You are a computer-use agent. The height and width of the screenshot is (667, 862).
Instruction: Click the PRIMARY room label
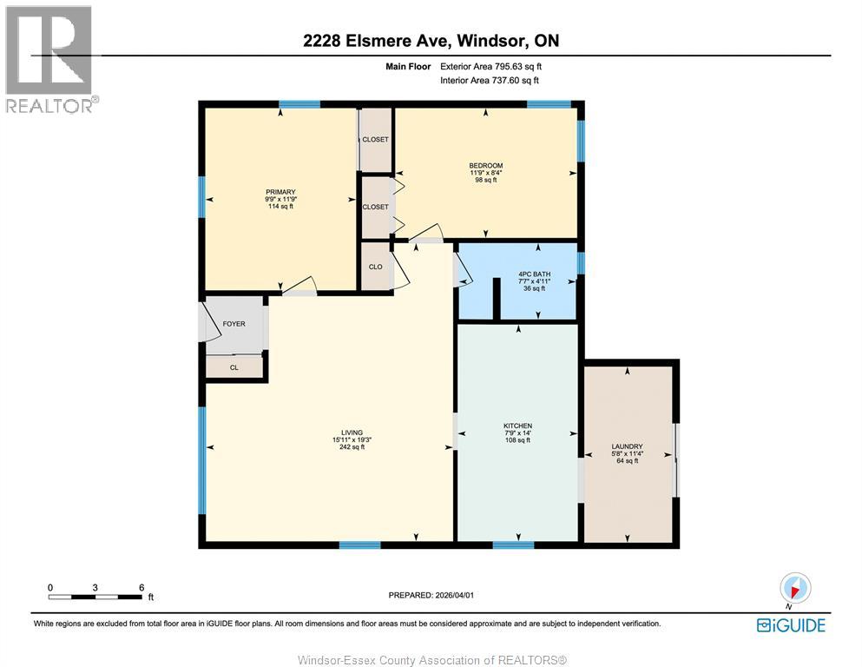280,192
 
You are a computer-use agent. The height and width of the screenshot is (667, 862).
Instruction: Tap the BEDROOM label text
485,165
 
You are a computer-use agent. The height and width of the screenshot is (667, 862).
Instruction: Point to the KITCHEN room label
517,426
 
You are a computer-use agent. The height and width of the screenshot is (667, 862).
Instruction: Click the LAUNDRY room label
625,446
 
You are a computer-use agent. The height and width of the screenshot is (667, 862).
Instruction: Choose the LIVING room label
352,433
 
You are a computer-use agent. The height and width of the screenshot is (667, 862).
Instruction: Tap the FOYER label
234,324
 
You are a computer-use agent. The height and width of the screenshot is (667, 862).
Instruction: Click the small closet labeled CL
234,367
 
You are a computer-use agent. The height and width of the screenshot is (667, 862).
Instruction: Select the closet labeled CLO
376,267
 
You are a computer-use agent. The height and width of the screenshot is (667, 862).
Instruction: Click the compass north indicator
795,588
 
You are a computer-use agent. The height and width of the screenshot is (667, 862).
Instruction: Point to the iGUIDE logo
791,624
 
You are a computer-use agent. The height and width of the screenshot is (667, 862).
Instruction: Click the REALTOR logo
49,59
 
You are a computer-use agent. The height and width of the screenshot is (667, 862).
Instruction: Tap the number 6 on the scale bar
141,587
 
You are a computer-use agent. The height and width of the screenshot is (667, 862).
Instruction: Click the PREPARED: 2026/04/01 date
431,595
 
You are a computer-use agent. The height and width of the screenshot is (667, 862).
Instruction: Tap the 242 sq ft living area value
352,447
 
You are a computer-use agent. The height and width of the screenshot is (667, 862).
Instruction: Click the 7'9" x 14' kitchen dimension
517,433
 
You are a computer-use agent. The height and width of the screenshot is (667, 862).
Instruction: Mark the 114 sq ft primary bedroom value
280,207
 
